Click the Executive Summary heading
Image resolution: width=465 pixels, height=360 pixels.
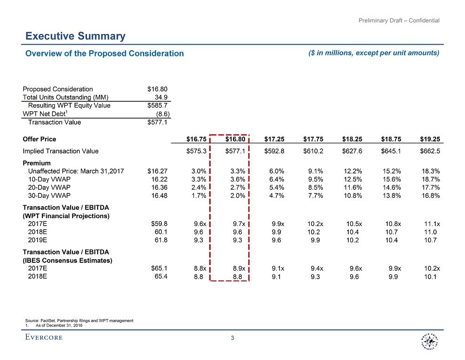pos(75,36)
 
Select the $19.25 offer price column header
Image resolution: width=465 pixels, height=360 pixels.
pos(430,139)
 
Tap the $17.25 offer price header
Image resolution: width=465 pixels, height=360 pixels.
pos(274,139)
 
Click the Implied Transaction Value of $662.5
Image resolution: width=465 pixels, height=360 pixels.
pos(430,151)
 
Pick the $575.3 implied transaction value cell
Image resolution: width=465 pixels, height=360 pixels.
pos(197,151)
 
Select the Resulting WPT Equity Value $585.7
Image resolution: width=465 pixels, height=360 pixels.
pos(157,106)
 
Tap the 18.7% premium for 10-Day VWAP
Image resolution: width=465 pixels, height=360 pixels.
pos(430,180)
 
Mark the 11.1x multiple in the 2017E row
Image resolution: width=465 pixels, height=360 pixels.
pos(432,224)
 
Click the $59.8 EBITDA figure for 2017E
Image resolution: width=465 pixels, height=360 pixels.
pos(158,224)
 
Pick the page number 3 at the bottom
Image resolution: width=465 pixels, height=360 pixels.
pos(232,338)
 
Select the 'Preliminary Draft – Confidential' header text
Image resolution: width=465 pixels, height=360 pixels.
pos(399,20)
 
